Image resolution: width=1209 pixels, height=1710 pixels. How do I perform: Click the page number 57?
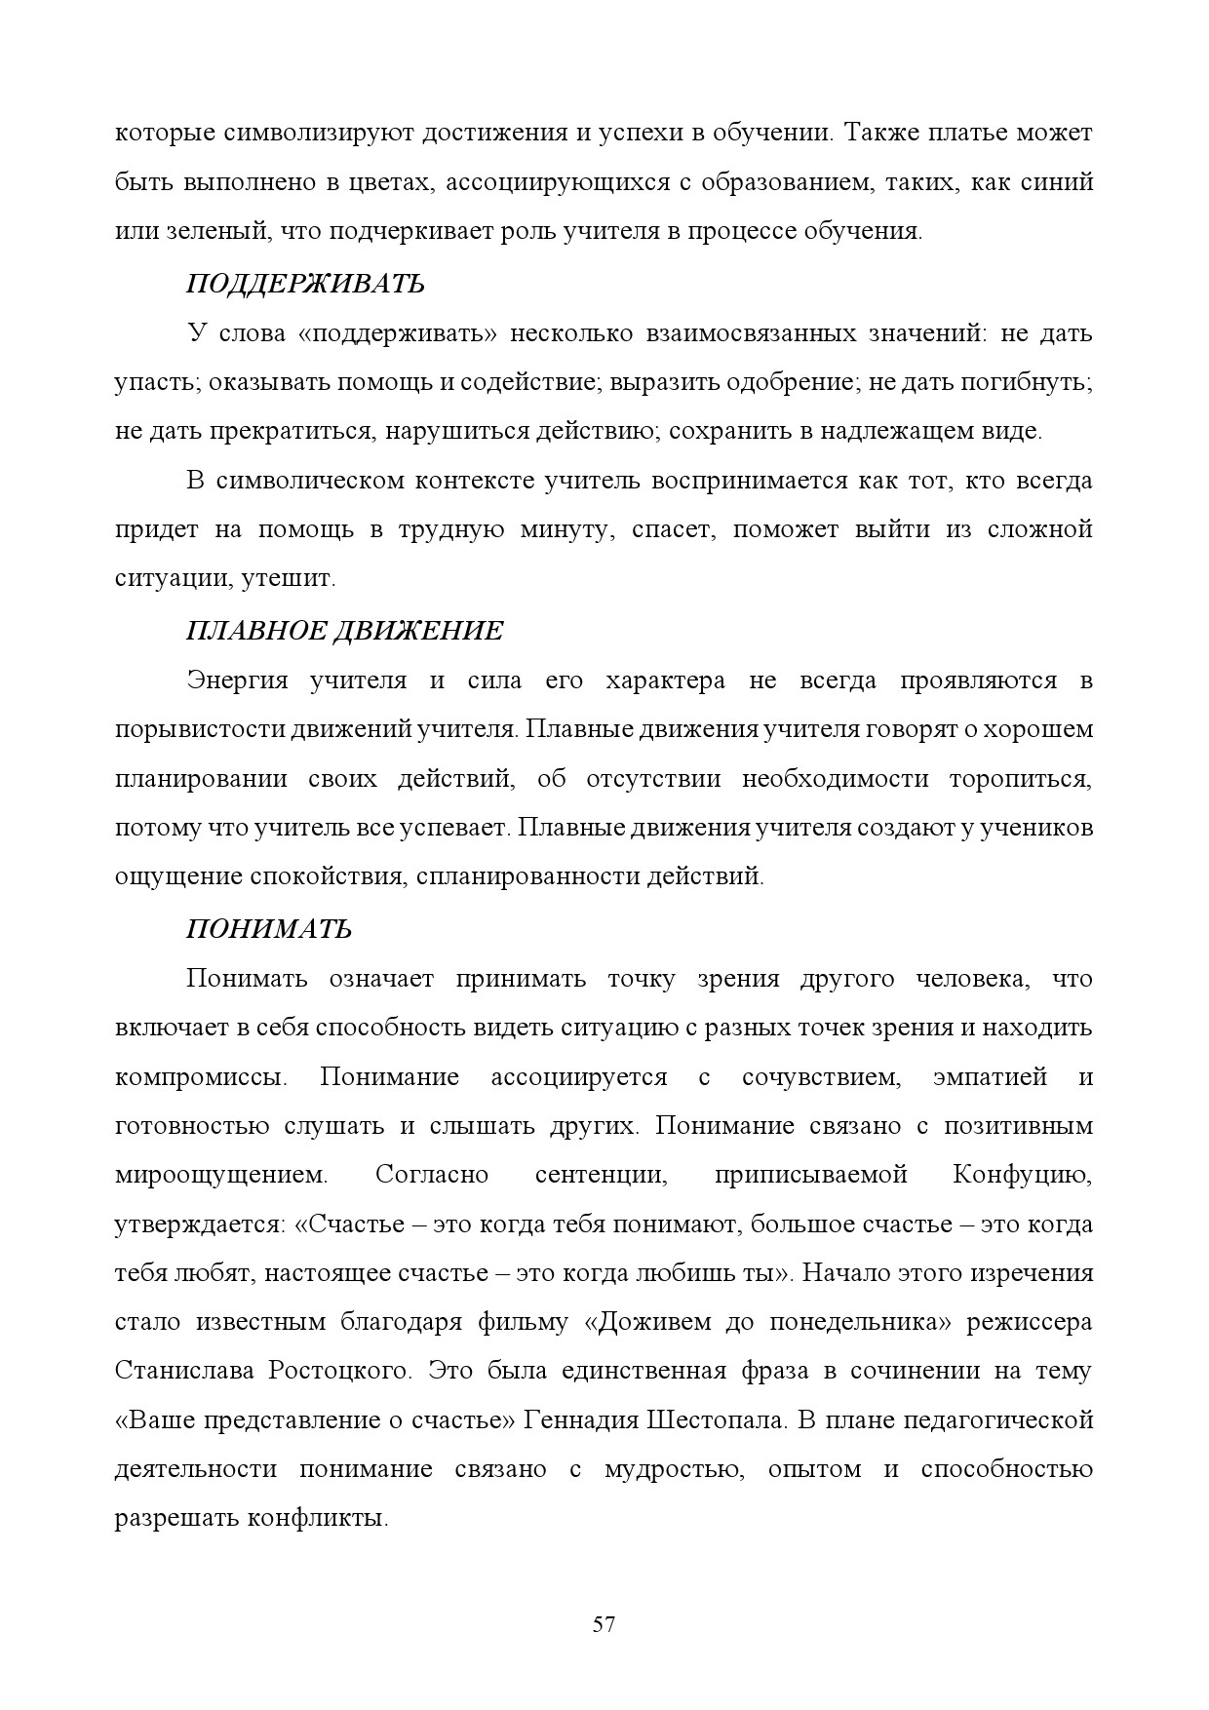tap(604, 1624)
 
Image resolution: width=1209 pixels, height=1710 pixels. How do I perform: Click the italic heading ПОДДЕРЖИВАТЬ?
tap(305, 284)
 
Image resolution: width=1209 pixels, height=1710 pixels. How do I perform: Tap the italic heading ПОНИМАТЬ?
tap(269, 929)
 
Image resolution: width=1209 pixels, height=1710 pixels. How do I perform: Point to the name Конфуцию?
tap(1022, 1175)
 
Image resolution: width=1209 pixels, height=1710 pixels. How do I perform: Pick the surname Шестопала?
tap(717, 1419)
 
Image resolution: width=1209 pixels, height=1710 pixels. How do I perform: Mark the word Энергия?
tap(238, 680)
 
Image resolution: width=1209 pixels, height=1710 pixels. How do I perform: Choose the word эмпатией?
tap(990, 1077)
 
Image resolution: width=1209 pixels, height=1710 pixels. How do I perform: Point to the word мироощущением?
tap(221, 1175)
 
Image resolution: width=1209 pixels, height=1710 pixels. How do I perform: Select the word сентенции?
tap(601, 1175)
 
